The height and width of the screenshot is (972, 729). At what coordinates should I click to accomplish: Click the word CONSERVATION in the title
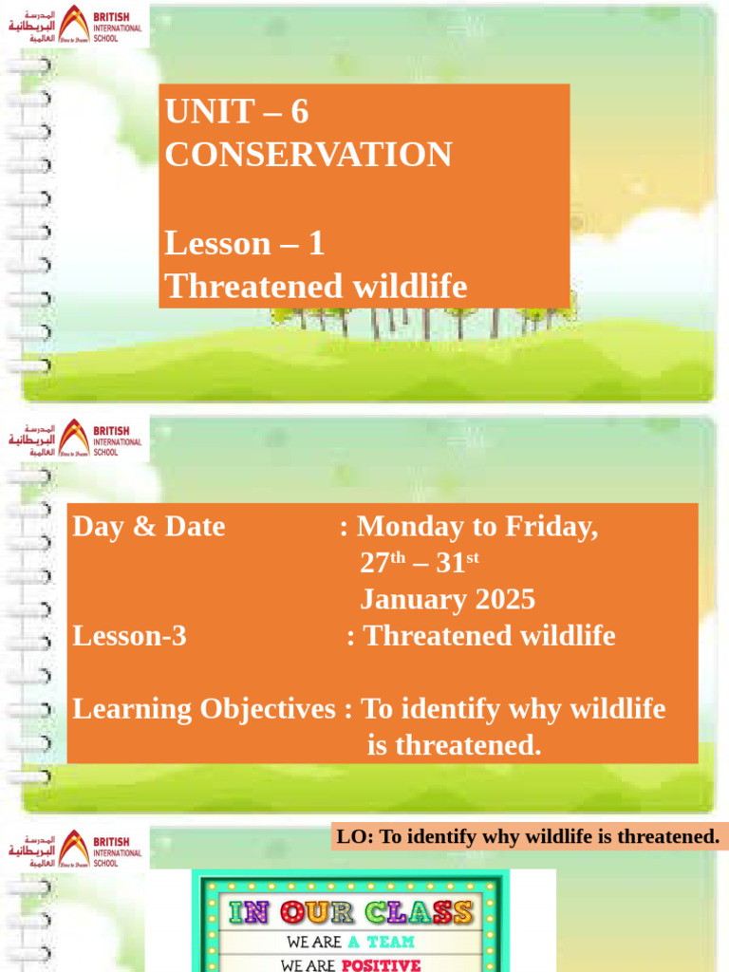click(308, 155)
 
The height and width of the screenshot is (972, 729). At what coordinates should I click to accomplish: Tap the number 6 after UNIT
click(299, 112)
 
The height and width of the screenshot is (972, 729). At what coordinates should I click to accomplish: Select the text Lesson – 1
click(244, 244)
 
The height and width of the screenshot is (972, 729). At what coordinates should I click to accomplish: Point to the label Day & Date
click(149, 527)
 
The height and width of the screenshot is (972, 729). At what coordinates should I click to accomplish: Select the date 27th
click(383, 563)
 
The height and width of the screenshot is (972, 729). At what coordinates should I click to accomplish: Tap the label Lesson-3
click(129, 636)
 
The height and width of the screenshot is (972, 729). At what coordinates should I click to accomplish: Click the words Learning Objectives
click(204, 709)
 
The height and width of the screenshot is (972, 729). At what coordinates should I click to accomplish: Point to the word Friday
click(551, 527)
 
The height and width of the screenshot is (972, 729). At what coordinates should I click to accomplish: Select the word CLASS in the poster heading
click(421, 913)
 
